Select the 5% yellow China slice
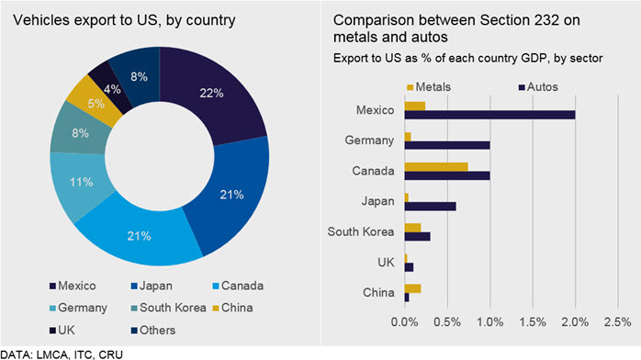point(96,102)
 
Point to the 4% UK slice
point(111,88)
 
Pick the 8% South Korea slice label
point(80,133)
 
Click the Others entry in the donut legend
point(152,331)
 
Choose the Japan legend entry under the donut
point(152,286)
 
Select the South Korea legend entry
point(168,308)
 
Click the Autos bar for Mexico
point(489,115)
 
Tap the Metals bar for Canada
point(436,167)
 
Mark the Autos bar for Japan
point(430,207)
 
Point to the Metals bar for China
point(412,288)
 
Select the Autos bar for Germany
point(447,145)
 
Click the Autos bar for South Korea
point(418,237)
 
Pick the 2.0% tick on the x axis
point(575,322)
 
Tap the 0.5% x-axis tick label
point(447,322)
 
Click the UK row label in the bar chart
point(386,263)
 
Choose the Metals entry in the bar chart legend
point(429,87)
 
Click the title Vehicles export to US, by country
point(124,20)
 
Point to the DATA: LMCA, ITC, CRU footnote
point(62,354)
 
